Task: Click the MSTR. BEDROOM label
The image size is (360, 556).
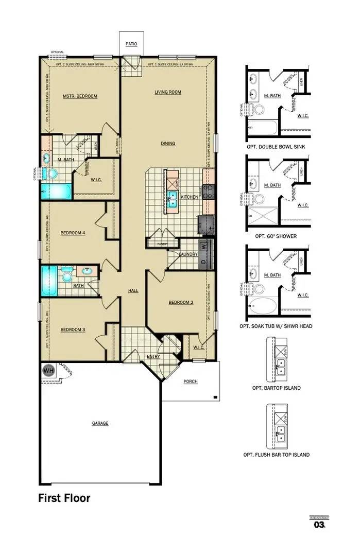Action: pyautogui.click(x=80, y=96)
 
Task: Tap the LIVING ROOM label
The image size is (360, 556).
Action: pyautogui.click(x=168, y=92)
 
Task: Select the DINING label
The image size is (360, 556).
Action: pyautogui.click(x=167, y=144)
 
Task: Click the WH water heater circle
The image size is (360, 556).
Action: pyautogui.click(x=48, y=370)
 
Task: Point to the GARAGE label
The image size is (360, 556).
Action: pyautogui.click(x=100, y=423)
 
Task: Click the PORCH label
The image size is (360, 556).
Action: pyautogui.click(x=191, y=381)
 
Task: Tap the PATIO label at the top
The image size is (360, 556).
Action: pyautogui.click(x=131, y=44)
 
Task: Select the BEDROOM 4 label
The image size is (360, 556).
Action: pyautogui.click(x=73, y=233)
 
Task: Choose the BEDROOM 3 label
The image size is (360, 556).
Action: pyautogui.click(x=73, y=329)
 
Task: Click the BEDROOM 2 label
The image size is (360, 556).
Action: pyautogui.click(x=181, y=303)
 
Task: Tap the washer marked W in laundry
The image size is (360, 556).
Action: pyautogui.click(x=204, y=246)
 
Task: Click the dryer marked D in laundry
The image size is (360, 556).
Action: pyautogui.click(x=204, y=262)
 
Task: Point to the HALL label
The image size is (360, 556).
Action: pyautogui.click(x=133, y=291)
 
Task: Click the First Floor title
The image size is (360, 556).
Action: pyautogui.click(x=64, y=498)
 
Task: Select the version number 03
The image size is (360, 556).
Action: pyautogui.click(x=319, y=525)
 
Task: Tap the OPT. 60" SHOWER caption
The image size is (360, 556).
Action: pyautogui.click(x=276, y=236)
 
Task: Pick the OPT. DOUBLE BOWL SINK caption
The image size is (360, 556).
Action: pyautogui.click(x=276, y=146)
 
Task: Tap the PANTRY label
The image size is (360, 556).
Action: pyautogui.click(x=162, y=245)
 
